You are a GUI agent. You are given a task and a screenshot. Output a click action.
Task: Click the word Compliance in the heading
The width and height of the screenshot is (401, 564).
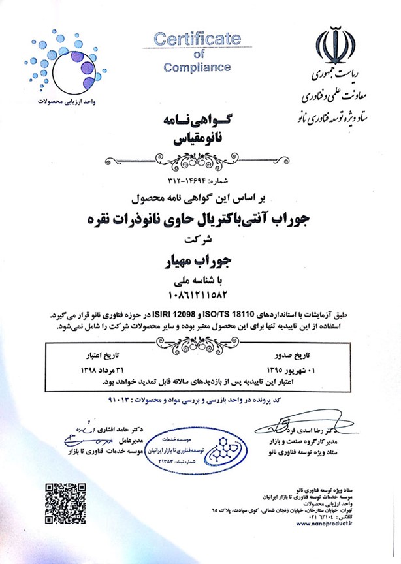[197, 67]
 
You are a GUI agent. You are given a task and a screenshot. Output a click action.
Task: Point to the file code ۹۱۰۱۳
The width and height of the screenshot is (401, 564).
[120, 397]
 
